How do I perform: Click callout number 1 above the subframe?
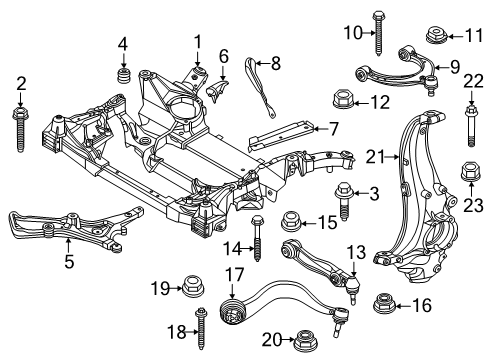pos(197,42)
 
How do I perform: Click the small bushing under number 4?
pos(125,77)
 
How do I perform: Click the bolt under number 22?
pos(469,126)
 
